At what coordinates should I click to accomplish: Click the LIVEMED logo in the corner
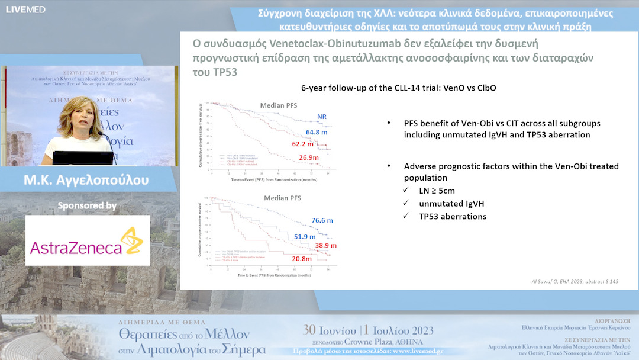[x=25, y=9]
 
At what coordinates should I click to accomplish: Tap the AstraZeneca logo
[x=87, y=240]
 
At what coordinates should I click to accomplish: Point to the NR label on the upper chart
[x=322, y=117]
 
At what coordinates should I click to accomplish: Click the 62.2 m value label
[x=302, y=144]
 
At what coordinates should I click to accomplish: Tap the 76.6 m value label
[x=322, y=220]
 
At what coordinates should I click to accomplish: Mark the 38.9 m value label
[x=326, y=245]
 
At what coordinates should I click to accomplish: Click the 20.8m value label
[x=302, y=259]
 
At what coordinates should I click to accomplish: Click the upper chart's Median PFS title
[x=279, y=106]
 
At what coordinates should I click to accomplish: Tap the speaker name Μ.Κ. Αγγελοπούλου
[x=88, y=179]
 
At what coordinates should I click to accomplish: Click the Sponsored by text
[x=87, y=206]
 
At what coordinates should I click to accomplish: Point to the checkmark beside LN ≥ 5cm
[x=406, y=190]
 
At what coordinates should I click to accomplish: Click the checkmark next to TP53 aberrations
[x=406, y=216]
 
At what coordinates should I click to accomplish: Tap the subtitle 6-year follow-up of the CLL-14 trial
[x=398, y=88]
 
